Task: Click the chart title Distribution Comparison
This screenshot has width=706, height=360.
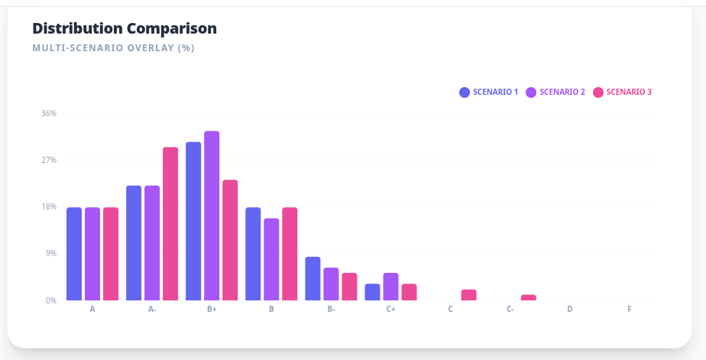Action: (125, 28)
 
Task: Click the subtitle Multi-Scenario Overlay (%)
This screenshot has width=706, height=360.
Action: (113, 48)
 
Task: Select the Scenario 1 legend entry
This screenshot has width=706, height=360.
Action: (488, 92)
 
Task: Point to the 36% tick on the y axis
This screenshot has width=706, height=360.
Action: (49, 113)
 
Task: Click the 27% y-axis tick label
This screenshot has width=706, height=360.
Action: (49, 160)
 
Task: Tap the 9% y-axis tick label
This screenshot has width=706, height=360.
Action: (50, 253)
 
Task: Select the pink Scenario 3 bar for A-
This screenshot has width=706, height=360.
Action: (170, 223)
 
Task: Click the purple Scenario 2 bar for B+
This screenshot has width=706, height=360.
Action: (212, 216)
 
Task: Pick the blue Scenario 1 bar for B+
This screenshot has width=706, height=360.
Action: (193, 221)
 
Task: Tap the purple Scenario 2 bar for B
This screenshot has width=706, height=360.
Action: (271, 259)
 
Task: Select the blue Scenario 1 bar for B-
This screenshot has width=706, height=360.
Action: (313, 278)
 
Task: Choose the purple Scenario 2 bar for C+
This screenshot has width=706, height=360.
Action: (390, 287)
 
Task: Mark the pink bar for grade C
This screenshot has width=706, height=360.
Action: (468, 295)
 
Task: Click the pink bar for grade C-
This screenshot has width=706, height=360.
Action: (528, 297)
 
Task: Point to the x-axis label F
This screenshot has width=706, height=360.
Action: (630, 310)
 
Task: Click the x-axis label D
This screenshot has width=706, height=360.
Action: (570, 310)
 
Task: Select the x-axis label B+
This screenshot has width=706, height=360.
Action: (212, 310)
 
